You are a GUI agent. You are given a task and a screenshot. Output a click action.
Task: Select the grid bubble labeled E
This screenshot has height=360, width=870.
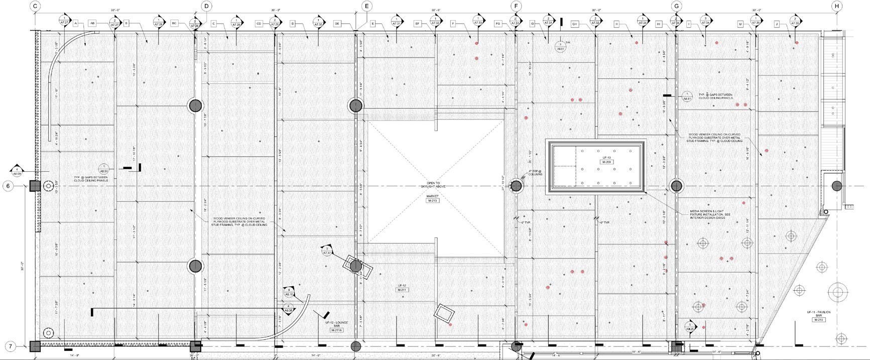click(x=366, y=6)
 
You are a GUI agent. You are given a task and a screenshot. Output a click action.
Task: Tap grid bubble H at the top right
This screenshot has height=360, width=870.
click(x=836, y=6)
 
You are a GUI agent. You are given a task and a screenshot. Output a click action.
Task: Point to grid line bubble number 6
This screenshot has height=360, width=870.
click(x=8, y=186)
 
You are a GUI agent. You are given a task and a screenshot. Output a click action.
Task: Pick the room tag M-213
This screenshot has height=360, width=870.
click(x=432, y=201)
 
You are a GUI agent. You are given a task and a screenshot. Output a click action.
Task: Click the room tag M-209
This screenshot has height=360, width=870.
click(x=606, y=162)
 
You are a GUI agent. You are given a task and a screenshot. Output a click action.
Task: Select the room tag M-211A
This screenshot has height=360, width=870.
click(x=336, y=330)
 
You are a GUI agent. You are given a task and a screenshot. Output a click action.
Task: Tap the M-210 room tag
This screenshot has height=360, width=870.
click(x=818, y=320)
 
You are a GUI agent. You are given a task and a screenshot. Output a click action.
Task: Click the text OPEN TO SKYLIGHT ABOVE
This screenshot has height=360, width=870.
click(x=433, y=185)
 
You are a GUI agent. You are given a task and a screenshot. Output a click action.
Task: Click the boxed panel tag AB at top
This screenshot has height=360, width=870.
click(x=92, y=24)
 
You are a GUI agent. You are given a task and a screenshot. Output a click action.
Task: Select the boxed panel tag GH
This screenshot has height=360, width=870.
click(x=575, y=24)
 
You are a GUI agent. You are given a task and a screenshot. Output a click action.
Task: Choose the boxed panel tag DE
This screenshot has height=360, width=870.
click(x=337, y=24)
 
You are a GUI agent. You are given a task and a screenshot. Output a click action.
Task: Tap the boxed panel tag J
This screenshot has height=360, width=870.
click(x=777, y=24)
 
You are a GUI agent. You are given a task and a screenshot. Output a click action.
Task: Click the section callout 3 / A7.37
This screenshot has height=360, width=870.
click(x=327, y=251)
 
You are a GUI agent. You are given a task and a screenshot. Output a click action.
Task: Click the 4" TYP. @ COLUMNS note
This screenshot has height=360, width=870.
click(x=536, y=173)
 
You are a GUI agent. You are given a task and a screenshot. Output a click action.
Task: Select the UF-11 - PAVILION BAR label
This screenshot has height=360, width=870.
click(x=819, y=314)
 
